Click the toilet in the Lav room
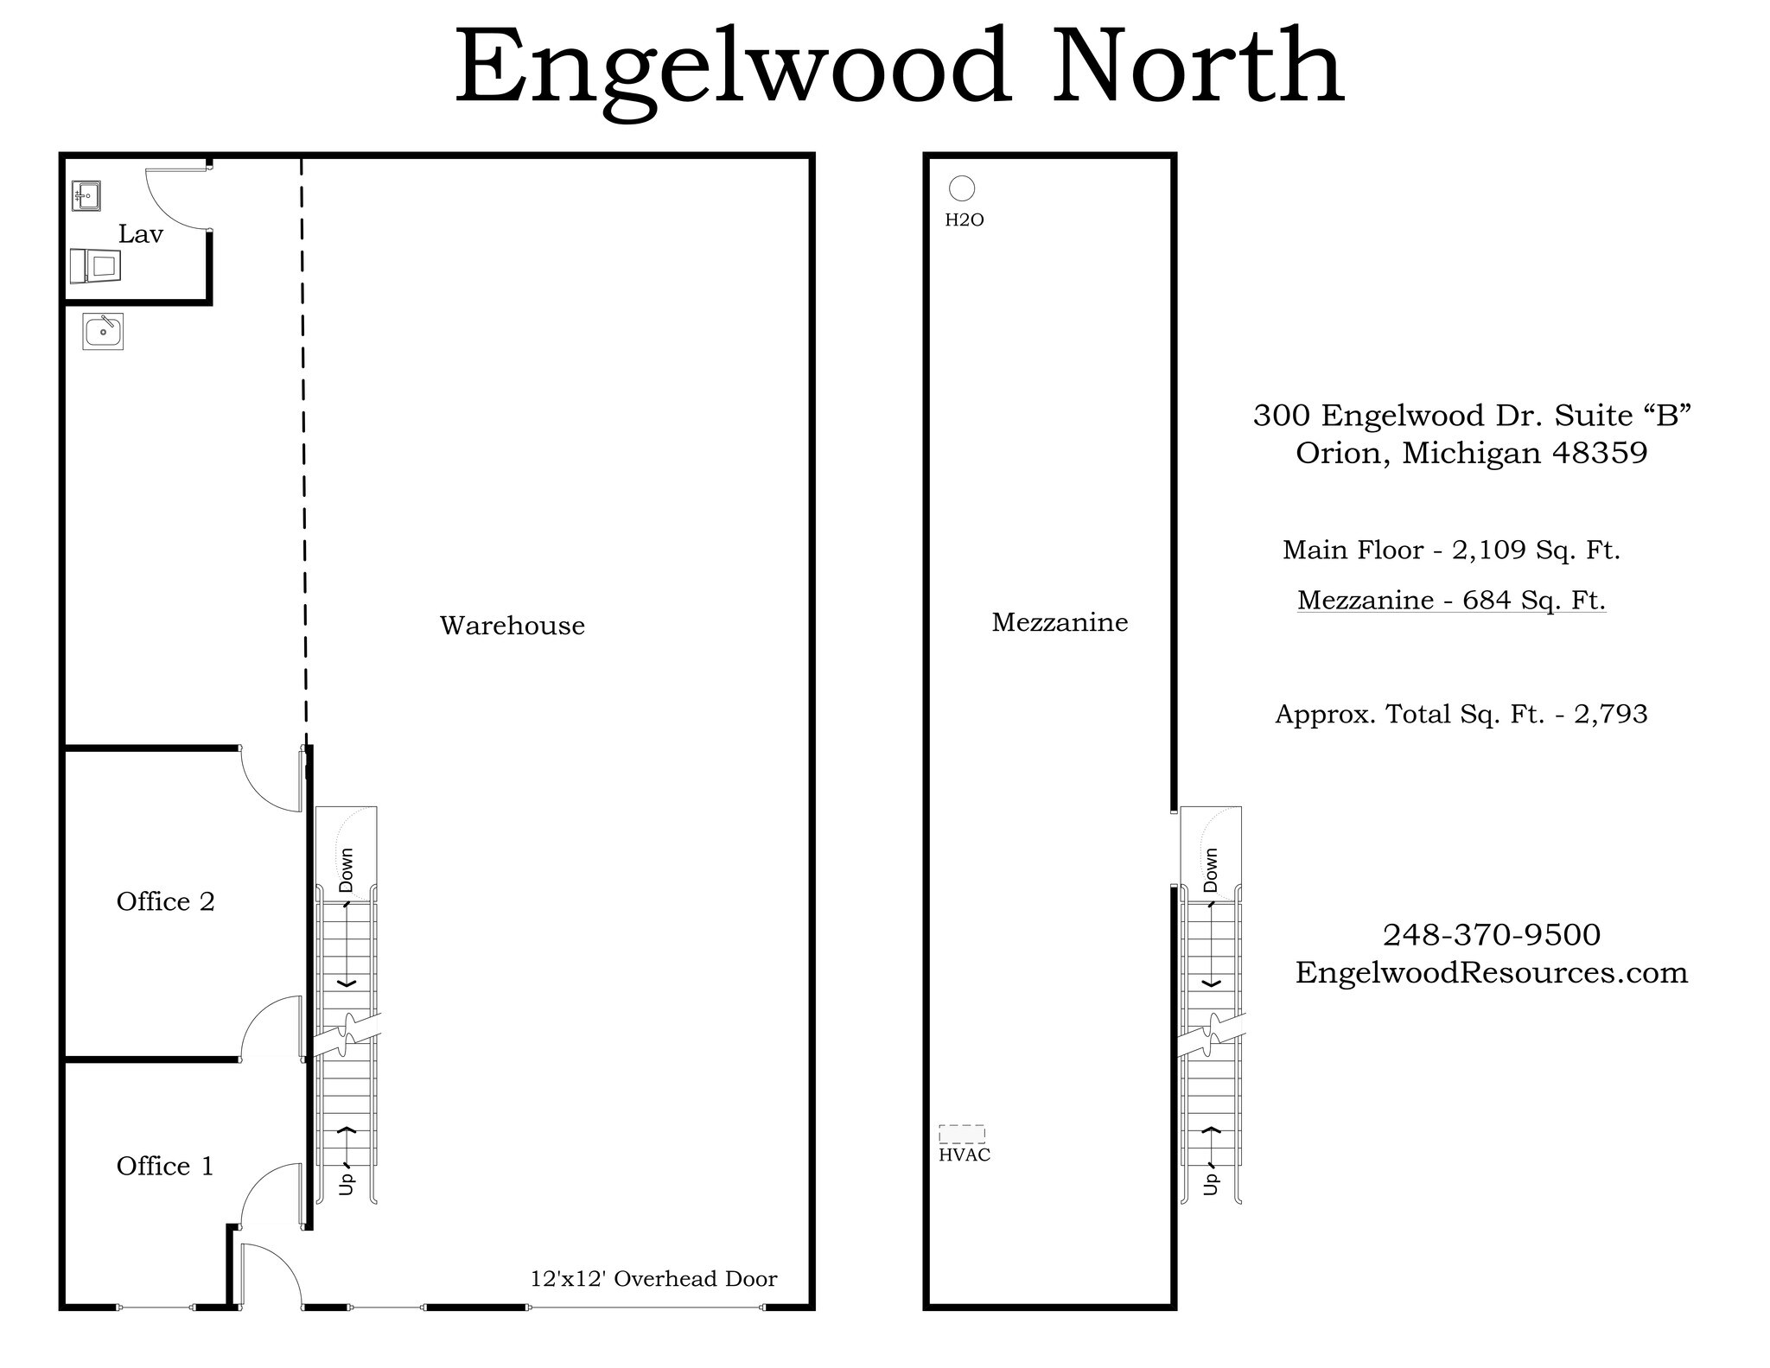pos(95,265)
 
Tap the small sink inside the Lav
pos(86,196)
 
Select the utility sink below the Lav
pos(103,331)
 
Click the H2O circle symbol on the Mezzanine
pos(962,188)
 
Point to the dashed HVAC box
pos(962,1134)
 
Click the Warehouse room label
pos(512,626)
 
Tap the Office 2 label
pos(165,901)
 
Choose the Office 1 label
pos(164,1166)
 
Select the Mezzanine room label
pos(1060,622)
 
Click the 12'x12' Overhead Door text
pos(653,1279)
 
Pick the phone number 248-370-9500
pos(1492,934)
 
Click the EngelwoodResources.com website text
pos(1491,972)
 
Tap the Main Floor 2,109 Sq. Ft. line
pos(1451,550)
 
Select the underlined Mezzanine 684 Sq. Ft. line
pos(1451,600)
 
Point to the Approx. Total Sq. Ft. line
pos(1461,714)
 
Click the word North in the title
pos(1198,67)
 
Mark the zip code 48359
pos(1600,453)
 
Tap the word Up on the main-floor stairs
pos(347,1182)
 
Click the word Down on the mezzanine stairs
pos(1210,869)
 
